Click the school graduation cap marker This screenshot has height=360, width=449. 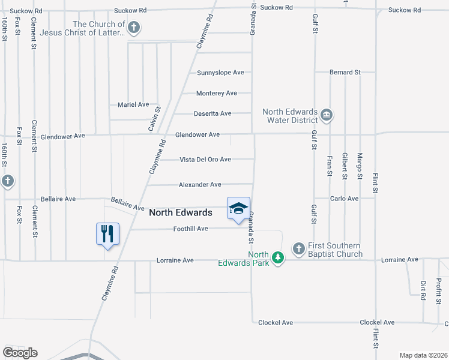238,208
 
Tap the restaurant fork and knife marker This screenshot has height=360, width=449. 108,233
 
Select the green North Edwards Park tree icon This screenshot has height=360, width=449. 277,257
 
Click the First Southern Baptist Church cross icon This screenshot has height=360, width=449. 298,248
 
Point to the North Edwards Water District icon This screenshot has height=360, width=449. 326,115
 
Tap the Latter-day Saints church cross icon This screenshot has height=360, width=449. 134,27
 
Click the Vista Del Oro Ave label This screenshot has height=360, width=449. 205,160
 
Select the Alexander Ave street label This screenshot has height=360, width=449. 200,185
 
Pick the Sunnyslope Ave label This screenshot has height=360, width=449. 220,73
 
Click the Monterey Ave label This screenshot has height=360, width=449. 217,93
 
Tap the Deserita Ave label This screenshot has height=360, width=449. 212,113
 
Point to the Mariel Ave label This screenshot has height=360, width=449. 133,104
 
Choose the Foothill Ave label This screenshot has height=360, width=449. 190,229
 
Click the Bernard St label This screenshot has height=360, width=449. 345,72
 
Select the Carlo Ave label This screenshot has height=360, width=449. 344,199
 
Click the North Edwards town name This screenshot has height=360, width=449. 180,212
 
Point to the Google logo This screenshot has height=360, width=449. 20,353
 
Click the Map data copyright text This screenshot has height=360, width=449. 423,355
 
